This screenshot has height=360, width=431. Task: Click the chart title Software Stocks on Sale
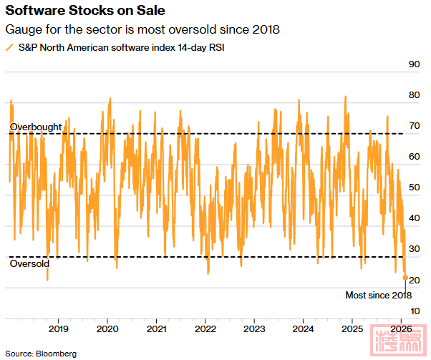85,11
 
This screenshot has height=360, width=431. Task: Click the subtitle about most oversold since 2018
141,30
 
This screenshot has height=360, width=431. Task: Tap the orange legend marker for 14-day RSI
9,47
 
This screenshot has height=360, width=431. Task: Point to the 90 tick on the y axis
413,64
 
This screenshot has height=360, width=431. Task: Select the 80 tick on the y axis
413,95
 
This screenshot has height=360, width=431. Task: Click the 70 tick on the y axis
413,126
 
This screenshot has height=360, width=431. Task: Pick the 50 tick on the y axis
413,188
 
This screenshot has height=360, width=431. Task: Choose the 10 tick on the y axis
413,310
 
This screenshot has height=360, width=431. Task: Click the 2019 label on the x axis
58,329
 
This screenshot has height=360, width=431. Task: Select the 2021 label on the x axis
156,329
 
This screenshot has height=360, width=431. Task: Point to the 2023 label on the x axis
254,329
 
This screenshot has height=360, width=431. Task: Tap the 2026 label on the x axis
400,329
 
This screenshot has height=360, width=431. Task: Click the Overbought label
36,127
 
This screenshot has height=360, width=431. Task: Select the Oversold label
29,264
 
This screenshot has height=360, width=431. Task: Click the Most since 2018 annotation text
379,295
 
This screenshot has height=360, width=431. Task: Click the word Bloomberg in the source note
57,354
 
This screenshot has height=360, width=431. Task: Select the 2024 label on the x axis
303,329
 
